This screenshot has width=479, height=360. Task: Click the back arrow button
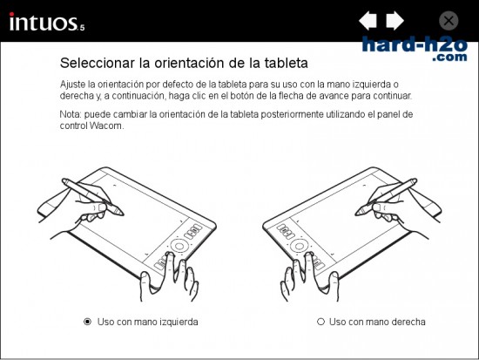(x=368, y=21)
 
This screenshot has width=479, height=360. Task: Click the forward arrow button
(x=395, y=21)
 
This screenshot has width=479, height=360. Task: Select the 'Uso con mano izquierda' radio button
(x=88, y=322)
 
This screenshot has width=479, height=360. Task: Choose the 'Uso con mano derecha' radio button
(x=320, y=322)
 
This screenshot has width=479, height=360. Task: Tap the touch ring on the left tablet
(x=179, y=245)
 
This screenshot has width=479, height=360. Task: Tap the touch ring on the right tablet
(x=299, y=246)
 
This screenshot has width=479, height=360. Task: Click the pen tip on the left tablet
(x=123, y=214)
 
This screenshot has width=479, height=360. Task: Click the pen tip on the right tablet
(x=356, y=214)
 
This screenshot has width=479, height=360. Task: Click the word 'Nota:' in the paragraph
(x=71, y=114)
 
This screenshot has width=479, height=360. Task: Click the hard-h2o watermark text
(x=415, y=44)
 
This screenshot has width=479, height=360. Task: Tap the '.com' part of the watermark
(x=449, y=57)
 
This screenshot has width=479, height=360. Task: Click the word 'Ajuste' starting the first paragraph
(x=71, y=85)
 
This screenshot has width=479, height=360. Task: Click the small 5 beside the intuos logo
(x=82, y=28)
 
